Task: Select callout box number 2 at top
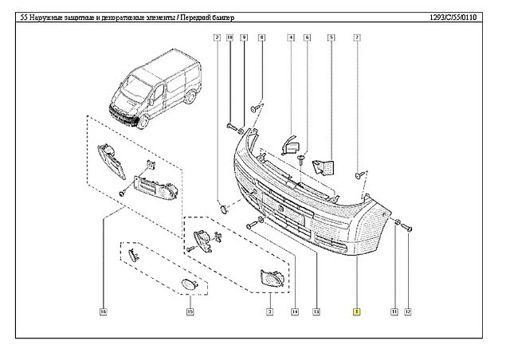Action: [217, 37]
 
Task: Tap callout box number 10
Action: [229, 37]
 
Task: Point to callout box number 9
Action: [243, 37]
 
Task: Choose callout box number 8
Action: [261, 37]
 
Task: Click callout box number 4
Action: [292, 37]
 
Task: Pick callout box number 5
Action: [330, 37]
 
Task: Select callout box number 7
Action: [357, 37]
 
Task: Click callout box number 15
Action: [189, 311]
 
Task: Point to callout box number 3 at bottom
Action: [270, 311]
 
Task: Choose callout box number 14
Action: [295, 311]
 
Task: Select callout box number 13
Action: [316, 311]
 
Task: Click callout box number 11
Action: [394, 311]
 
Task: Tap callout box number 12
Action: [408, 311]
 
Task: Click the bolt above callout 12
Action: [406, 228]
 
